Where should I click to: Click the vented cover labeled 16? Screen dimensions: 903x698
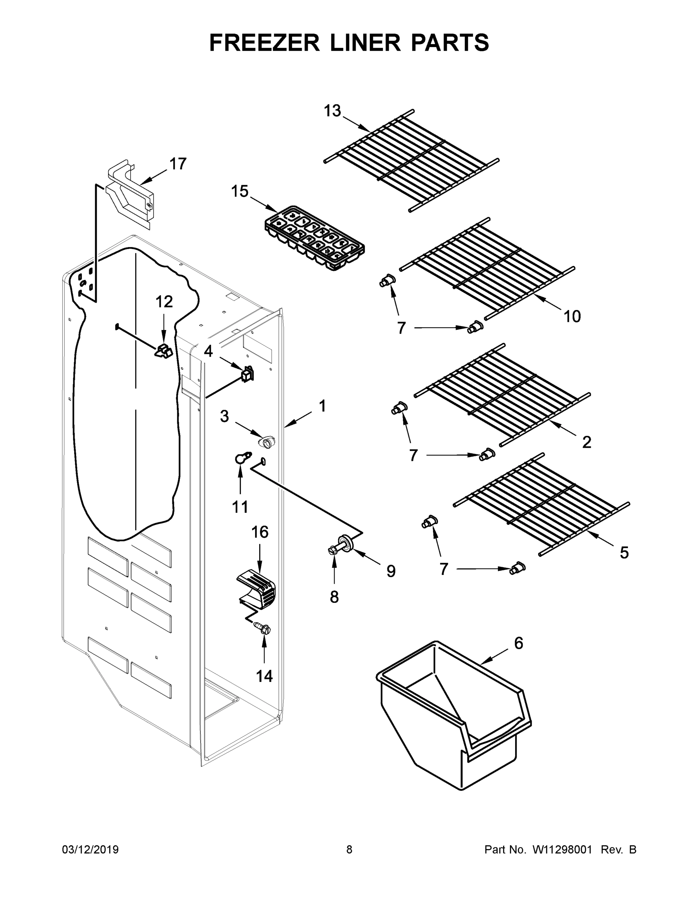[256, 590]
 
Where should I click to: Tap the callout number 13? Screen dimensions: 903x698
[332, 111]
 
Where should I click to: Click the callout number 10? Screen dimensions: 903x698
[572, 316]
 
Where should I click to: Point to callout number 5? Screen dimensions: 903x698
[624, 552]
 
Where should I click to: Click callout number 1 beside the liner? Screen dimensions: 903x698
[322, 406]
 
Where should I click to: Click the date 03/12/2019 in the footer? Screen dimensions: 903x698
[90, 850]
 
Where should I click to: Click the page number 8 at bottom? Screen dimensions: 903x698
[349, 850]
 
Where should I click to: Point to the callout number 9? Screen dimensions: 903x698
[391, 571]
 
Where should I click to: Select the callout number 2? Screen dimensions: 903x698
[586, 442]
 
